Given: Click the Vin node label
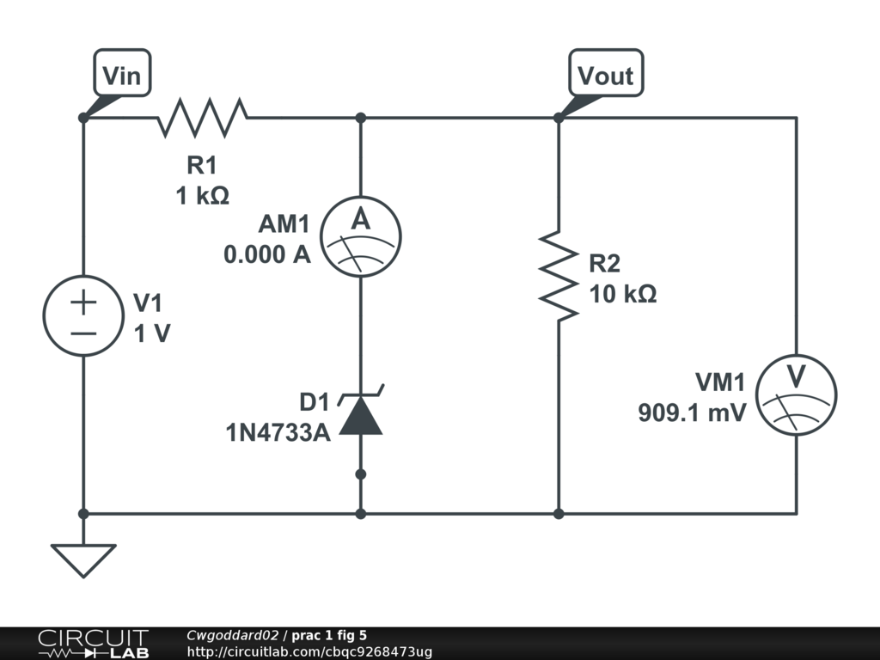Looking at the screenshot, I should point(121,76).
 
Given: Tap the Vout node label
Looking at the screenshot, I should point(605,76).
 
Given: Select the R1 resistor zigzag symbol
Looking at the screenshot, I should point(203,118).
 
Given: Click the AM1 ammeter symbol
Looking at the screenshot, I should point(361,235).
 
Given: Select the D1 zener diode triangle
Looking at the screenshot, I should point(361,417).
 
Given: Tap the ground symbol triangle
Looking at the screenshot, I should point(83,559).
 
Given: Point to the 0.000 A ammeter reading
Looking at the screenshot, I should point(267,255).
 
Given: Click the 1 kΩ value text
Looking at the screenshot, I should point(203,197).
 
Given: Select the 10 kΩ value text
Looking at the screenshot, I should point(623,294).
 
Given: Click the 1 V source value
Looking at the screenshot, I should point(152,334).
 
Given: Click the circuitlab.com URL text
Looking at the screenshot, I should point(309,652).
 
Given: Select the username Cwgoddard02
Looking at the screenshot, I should point(232,636).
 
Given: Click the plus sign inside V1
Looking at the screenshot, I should point(83,302).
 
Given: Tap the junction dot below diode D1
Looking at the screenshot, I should point(361,474).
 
